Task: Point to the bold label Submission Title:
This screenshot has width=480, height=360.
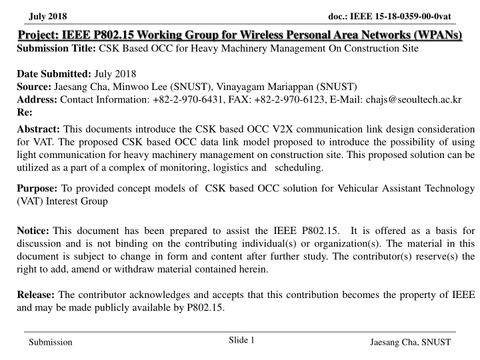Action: tap(56, 49)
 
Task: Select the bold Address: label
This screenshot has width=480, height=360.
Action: tap(37, 99)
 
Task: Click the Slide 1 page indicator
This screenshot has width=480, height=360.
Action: tap(241, 340)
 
